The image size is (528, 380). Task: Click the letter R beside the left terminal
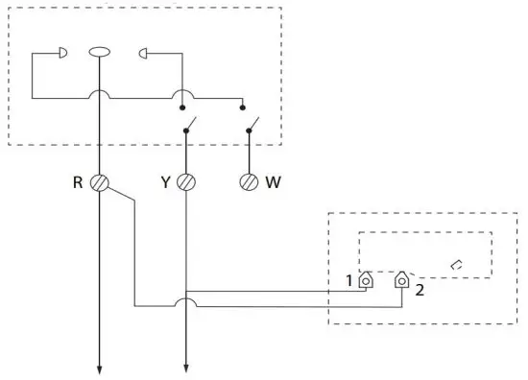coord(78,181)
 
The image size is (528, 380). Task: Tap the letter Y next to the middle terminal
coord(165,181)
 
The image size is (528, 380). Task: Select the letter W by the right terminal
coord(274,181)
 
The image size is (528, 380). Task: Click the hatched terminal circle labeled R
coord(99,181)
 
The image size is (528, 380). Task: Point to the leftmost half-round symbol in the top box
coord(61,53)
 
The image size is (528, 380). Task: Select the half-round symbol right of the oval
coord(146,53)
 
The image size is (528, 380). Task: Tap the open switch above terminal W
coord(252,126)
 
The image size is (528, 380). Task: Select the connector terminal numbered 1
coord(366,280)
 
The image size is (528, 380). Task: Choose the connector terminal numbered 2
coord(400,280)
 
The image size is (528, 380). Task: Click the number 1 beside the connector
coord(350,281)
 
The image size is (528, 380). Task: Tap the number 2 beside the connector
coord(420,287)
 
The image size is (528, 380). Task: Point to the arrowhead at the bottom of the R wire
coord(99,366)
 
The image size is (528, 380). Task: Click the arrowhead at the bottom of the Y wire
coord(185,366)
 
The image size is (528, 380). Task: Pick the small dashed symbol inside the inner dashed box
coord(456,263)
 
